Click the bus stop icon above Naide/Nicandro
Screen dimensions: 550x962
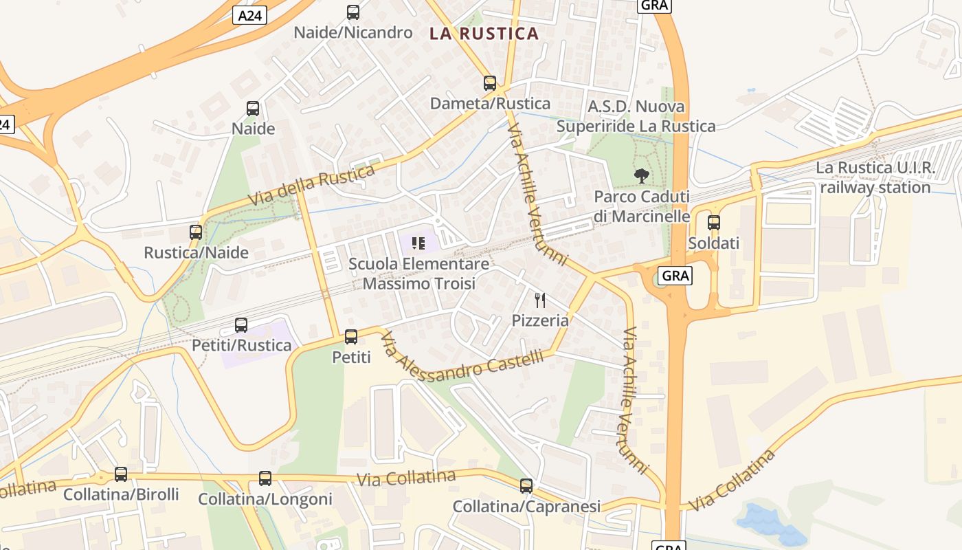click(x=353, y=12)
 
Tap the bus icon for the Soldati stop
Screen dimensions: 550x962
click(x=714, y=223)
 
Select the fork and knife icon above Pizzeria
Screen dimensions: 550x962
click(x=540, y=300)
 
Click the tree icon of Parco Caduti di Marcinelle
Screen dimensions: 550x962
click(x=642, y=176)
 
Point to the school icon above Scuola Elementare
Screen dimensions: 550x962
click(x=418, y=243)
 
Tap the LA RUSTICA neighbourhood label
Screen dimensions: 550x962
click(x=484, y=33)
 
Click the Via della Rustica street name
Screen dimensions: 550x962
click(x=311, y=184)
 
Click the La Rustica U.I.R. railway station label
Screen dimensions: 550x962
click(x=875, y=178)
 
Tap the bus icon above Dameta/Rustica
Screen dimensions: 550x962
click(x=490, y=83)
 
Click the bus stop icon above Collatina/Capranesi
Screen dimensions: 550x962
click(x=526, y=486)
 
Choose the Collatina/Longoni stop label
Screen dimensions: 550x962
click(x=265, y=499)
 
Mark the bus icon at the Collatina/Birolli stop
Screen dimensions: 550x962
click(x=121, y=474)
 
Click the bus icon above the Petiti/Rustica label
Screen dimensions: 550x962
click(x=241, y=325)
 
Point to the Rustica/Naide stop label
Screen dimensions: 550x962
click(x=196, y=252)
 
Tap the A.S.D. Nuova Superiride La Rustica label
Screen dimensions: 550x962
click(x=636, y=116)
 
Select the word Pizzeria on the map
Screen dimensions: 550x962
click(x=540, y=320)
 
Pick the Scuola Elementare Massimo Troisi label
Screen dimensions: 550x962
click(x=418, y=274)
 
